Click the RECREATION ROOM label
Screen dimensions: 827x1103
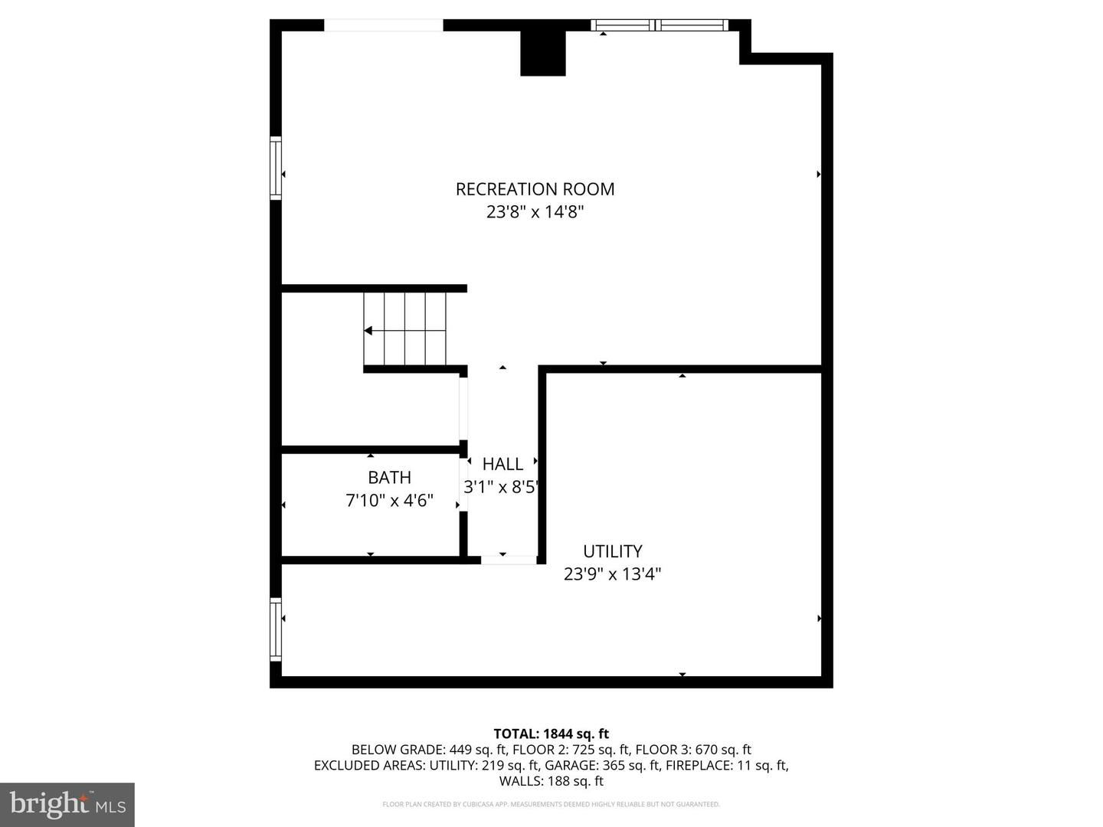pos(535,189)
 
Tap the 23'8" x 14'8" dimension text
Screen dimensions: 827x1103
pos(535,212)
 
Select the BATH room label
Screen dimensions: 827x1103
pos(389,478)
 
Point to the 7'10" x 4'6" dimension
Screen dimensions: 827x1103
pos(389,501)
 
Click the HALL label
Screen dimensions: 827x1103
pos(502,464)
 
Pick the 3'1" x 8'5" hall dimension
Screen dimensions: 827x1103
pos(502,487)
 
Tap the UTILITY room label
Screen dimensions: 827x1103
pos(612,551)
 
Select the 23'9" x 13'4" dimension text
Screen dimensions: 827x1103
pos(612,574)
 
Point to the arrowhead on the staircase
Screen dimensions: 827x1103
pos(368,331)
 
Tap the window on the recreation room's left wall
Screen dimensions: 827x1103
pos(276,168)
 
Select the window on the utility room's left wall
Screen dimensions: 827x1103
pos(276,629)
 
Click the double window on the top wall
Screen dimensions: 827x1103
pos(660,25)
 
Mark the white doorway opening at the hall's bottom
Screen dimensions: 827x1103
pos(509,561)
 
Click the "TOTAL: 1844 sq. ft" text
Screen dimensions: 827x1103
pos(551,734)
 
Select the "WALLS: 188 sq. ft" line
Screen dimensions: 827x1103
pos(551,781)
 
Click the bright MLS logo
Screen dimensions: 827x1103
pos(67,804)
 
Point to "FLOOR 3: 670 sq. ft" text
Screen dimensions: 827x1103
pos(693,750)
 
